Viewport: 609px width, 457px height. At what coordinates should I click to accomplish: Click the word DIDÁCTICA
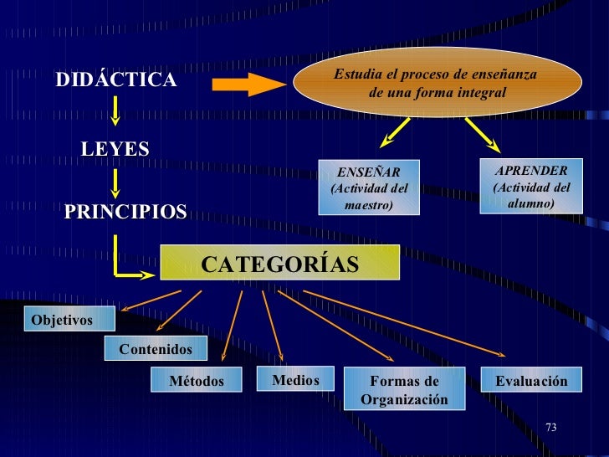point(116,80)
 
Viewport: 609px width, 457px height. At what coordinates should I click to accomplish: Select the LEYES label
point(115,149)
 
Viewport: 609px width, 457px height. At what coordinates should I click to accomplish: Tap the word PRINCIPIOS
point(125,212)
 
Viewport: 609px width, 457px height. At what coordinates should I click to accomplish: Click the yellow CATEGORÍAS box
point(279,264)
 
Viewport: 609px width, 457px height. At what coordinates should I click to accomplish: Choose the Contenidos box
point(156,348)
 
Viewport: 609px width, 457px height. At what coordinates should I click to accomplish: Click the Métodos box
point(197,381)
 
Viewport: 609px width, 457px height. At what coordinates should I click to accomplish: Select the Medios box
point(294,380)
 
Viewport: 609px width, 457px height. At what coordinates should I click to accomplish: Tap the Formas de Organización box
point(404,390)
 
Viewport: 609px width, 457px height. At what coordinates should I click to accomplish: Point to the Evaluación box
point(530,381)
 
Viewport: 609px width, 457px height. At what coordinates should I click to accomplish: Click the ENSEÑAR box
point(369,187)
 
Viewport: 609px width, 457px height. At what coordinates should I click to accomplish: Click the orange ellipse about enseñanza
point(435,82)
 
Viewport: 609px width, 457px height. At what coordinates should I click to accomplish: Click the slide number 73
point(550,428)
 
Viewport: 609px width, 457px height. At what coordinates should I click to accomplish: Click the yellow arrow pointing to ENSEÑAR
point(396,131)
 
